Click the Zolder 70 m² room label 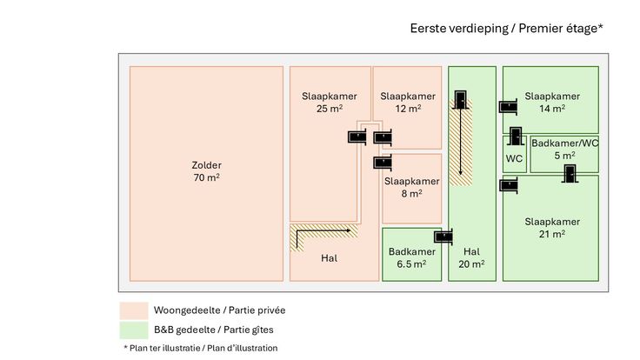[x=206, y=171]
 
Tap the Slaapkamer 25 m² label [x=322, y=102]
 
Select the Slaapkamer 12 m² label [x=408, y=102]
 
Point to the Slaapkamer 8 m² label [x=411, y=187]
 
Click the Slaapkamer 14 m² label [x=552, y=102]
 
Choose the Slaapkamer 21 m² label [x=552, y=227]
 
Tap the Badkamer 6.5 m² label [x=412, y=257]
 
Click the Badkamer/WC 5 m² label [x=564, y=149]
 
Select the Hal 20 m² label [x=472, y=257]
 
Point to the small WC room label [x=514, y=158]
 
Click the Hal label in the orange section [x=329, y=258]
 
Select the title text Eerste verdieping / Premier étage [x=506, y=29]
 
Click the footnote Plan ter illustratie [x=201, y=348]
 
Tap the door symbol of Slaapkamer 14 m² [x=508, y=107]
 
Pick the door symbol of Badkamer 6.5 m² [x=444, y=236]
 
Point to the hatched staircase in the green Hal [x=460, y=139]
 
